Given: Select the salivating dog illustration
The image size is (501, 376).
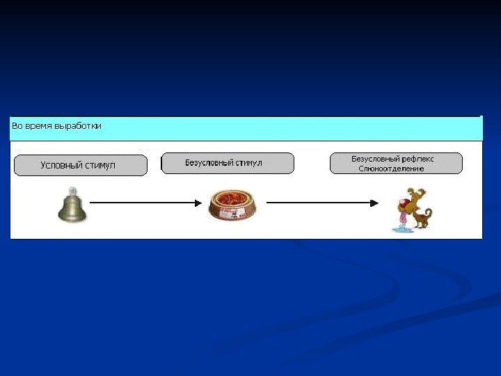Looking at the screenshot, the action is [x=411, y=208].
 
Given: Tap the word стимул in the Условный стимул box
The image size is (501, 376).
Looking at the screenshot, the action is [x=100, y=165].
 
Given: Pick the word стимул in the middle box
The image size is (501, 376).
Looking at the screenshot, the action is [x=248, y=163].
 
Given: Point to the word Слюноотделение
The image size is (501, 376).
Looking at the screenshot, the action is [x=391, y=169].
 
